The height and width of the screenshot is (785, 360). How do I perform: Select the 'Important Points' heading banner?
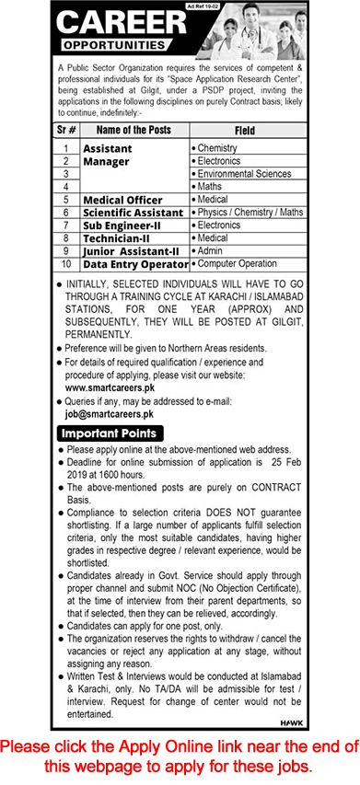(x=110, y=433)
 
